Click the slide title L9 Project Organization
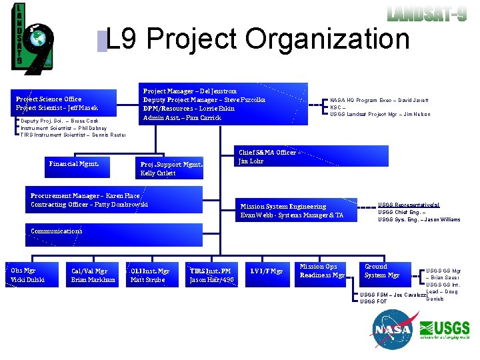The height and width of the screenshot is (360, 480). point(257,39)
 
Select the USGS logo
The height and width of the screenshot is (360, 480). point(445,330)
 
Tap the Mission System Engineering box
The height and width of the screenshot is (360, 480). point(293,211)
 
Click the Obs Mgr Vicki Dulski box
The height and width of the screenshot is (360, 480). point(28,275)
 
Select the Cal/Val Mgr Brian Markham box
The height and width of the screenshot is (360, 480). point(93,275)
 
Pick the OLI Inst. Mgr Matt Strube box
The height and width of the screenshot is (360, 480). point(150,275)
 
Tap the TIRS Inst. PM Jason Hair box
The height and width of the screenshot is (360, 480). point(211,275)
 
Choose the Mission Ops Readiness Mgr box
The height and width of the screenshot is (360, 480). point(322,271)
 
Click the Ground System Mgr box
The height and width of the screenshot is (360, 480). point(382,271)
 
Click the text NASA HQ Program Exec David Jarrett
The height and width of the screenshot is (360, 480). point(379,100)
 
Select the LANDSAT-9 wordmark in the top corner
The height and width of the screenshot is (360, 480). point(427,13)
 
